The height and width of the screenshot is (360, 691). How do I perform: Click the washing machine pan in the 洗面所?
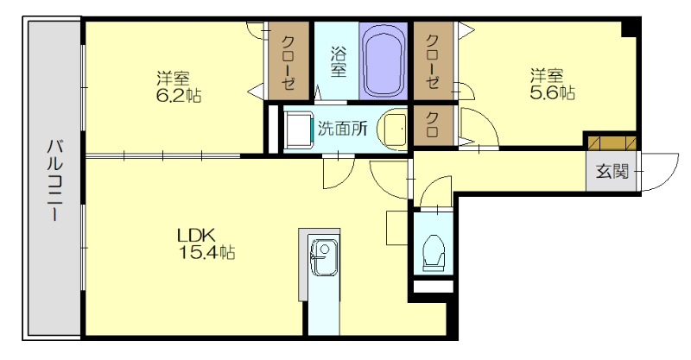coord(299,129)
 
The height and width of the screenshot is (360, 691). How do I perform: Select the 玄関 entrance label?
coord(612,171)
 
